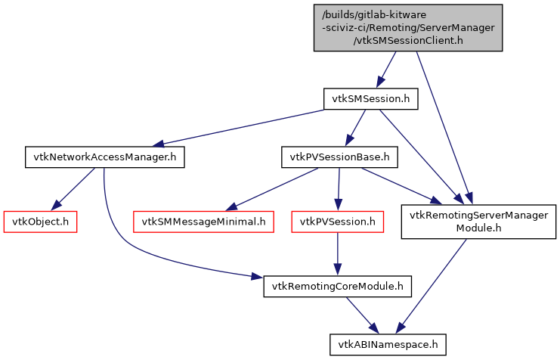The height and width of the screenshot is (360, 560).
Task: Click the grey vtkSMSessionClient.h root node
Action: (x=408, y=27)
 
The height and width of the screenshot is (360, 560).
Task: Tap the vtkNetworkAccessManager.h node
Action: (x=105, y=157)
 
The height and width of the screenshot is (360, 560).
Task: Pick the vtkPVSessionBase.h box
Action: (x=339, y=157)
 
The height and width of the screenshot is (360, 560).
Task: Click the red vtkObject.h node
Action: (x=41, y=222)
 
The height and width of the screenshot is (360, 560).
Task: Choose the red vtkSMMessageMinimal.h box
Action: (x=204, y=222)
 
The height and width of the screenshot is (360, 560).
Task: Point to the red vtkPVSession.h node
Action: (x=337, y=222)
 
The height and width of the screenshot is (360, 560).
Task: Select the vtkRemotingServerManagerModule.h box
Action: (x=478, y=222)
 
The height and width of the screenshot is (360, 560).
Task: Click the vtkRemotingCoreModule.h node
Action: (x=337, y=286)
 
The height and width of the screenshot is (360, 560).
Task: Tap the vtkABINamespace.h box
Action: (x=388, y=344)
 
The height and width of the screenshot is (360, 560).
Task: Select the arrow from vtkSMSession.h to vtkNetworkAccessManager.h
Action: (x=234, y=128)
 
